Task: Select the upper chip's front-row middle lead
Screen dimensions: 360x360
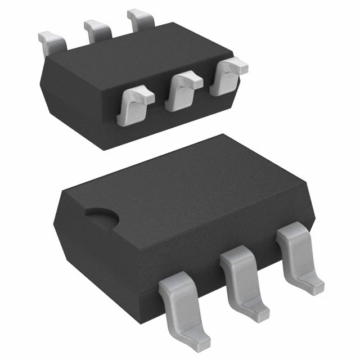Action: pos(181,90)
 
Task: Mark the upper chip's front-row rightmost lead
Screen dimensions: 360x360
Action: pos(225,76)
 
